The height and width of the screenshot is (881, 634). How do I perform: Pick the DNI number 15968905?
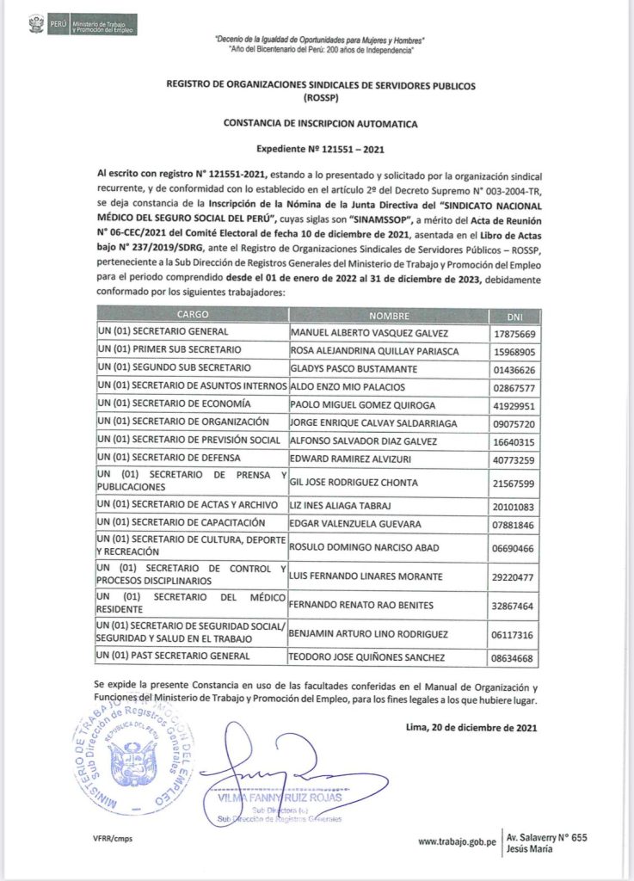click(512, 351)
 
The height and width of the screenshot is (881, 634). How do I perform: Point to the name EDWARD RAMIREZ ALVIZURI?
click(353, 458)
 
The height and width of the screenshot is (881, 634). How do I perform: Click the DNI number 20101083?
click(512, 506)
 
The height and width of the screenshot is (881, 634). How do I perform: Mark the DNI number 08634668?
click(512, 659)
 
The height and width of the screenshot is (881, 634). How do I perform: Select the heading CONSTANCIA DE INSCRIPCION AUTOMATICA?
click(321, 124)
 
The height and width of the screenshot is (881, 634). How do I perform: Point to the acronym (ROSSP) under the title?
click(321, 97)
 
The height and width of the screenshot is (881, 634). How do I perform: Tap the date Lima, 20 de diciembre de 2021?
click(471, 728)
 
